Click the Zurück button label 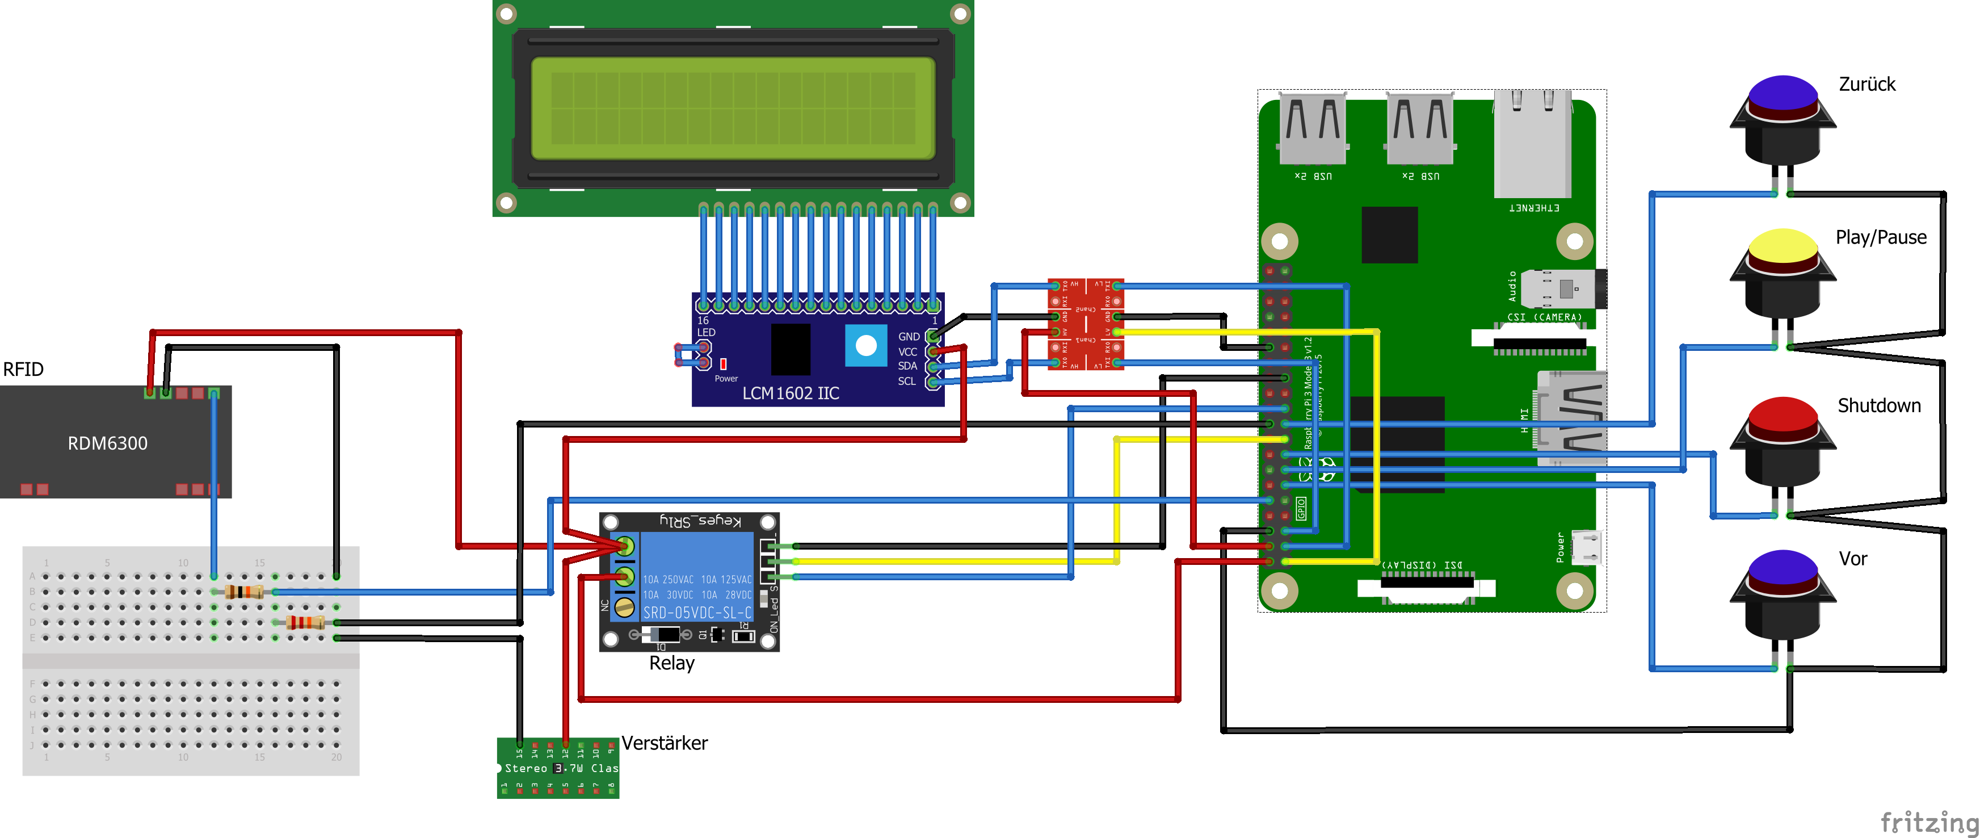pos(1867,84)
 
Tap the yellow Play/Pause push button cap pos(1783,246)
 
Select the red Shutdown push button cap pos(1783,415)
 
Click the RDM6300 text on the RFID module pos(108,443)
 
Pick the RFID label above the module pos(23,369)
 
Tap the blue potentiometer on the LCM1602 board pos(865,346)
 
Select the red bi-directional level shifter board pos(1085,324)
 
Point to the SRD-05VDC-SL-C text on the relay pos(696,613)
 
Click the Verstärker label pos(664,743)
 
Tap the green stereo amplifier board pos(558,768)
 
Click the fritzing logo pos(1928,821)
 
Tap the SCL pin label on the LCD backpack pos(907,382)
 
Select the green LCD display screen pos(733,108)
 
